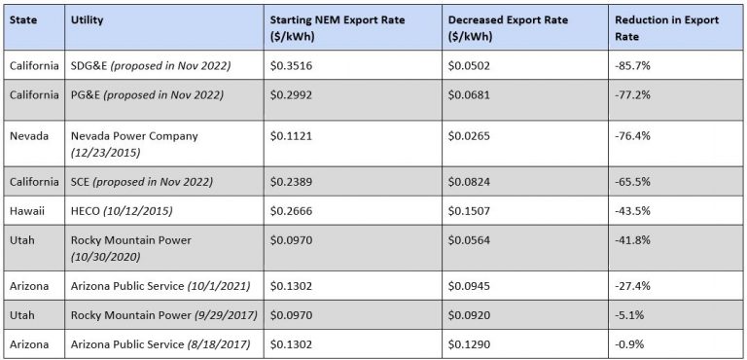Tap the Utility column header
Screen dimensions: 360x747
pyautogui.click(x=87, y=19)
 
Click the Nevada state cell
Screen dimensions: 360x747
pyautogui.click(x=28, y=136)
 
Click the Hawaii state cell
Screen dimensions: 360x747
pyautogui.click(x=26, y=211)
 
